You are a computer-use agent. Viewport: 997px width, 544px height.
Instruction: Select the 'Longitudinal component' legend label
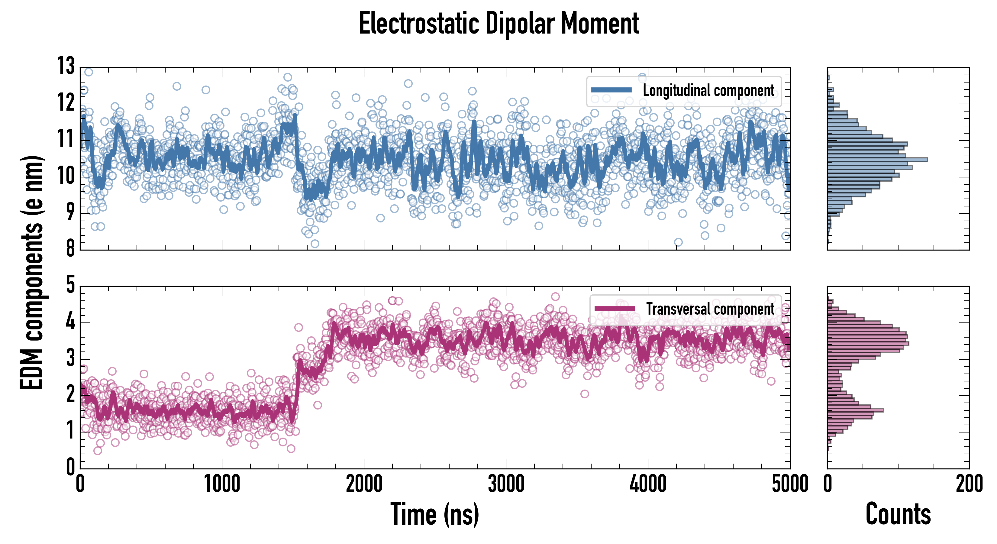708,91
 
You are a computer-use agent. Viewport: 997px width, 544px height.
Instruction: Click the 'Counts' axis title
898,514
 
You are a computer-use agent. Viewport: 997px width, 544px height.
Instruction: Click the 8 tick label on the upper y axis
70,248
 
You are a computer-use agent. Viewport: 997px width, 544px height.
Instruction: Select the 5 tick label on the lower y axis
70,285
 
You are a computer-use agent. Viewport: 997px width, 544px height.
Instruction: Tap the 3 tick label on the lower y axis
70,358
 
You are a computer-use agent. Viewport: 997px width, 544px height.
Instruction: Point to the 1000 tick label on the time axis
222,484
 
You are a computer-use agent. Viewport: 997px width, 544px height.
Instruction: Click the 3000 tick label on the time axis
506,484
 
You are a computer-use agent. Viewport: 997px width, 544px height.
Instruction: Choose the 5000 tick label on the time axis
789,484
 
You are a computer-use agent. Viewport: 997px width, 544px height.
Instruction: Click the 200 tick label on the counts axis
969,484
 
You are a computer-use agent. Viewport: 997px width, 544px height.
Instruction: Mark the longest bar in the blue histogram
877,160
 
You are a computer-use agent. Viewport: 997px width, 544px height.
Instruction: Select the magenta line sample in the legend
615,309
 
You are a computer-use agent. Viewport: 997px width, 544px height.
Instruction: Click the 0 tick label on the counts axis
828,484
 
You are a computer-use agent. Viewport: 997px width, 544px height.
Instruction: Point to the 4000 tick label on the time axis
648,484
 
